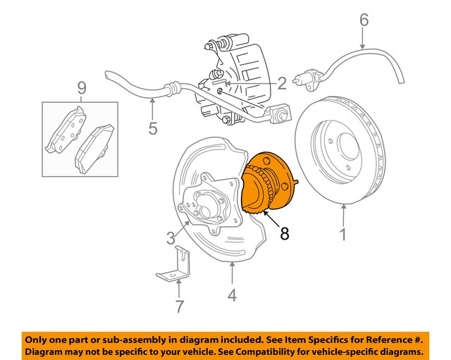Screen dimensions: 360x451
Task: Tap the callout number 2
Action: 280,84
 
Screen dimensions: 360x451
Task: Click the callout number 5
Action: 153,129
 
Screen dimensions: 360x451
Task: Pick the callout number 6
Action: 364,20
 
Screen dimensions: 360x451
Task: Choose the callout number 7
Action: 179,306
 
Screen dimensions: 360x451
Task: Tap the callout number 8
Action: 285,233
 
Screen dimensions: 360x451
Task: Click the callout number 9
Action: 82,88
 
